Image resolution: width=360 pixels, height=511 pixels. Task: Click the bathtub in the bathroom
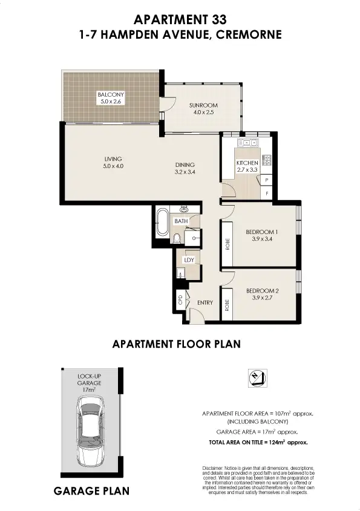pyautogui.click(x=162, y=224)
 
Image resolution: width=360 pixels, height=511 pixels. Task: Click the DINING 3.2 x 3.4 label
pyautogui.click(x=185, y=168)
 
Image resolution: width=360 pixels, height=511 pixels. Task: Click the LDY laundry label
pyautogui.click(x=188, y=261)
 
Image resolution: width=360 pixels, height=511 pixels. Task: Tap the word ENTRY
pyautogui.click(x=205, y=302)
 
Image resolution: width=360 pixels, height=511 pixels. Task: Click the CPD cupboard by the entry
pyautogui.click(x=180, y=299)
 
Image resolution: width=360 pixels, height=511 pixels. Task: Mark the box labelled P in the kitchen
pyautogui.click(x=267, y=181)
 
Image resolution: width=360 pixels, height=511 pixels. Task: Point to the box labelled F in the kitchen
pyautogui.click(x=267, y=194)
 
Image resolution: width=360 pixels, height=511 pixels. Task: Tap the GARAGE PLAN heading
pyautogui.click(x=91, y=491)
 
